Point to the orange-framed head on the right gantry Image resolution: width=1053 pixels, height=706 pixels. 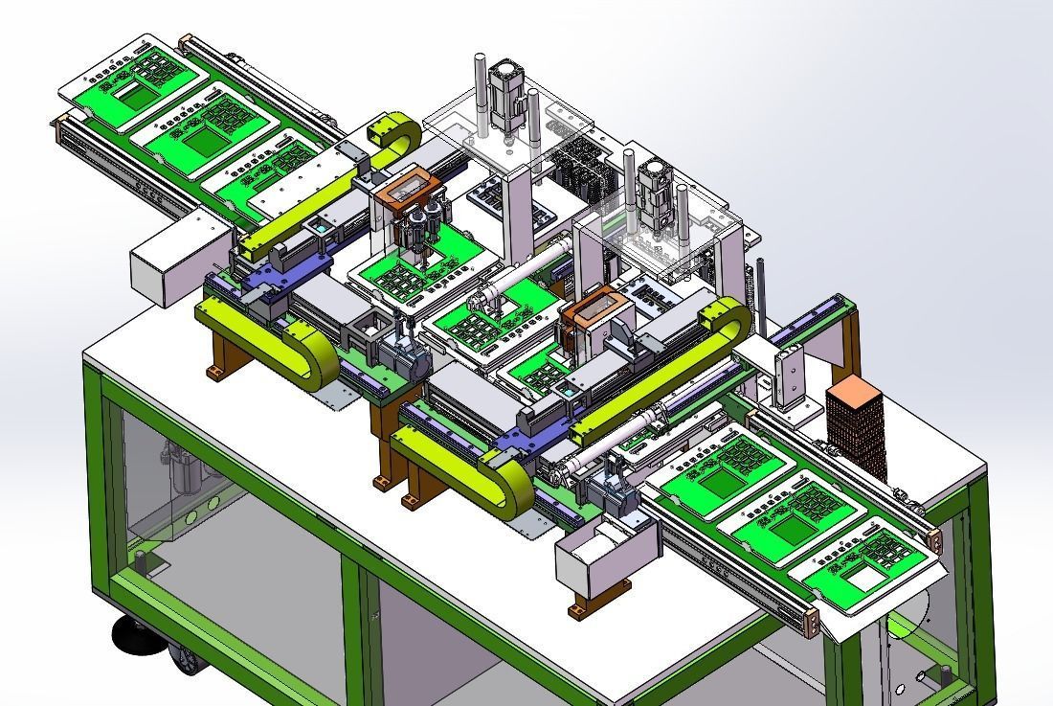[594, 312]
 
